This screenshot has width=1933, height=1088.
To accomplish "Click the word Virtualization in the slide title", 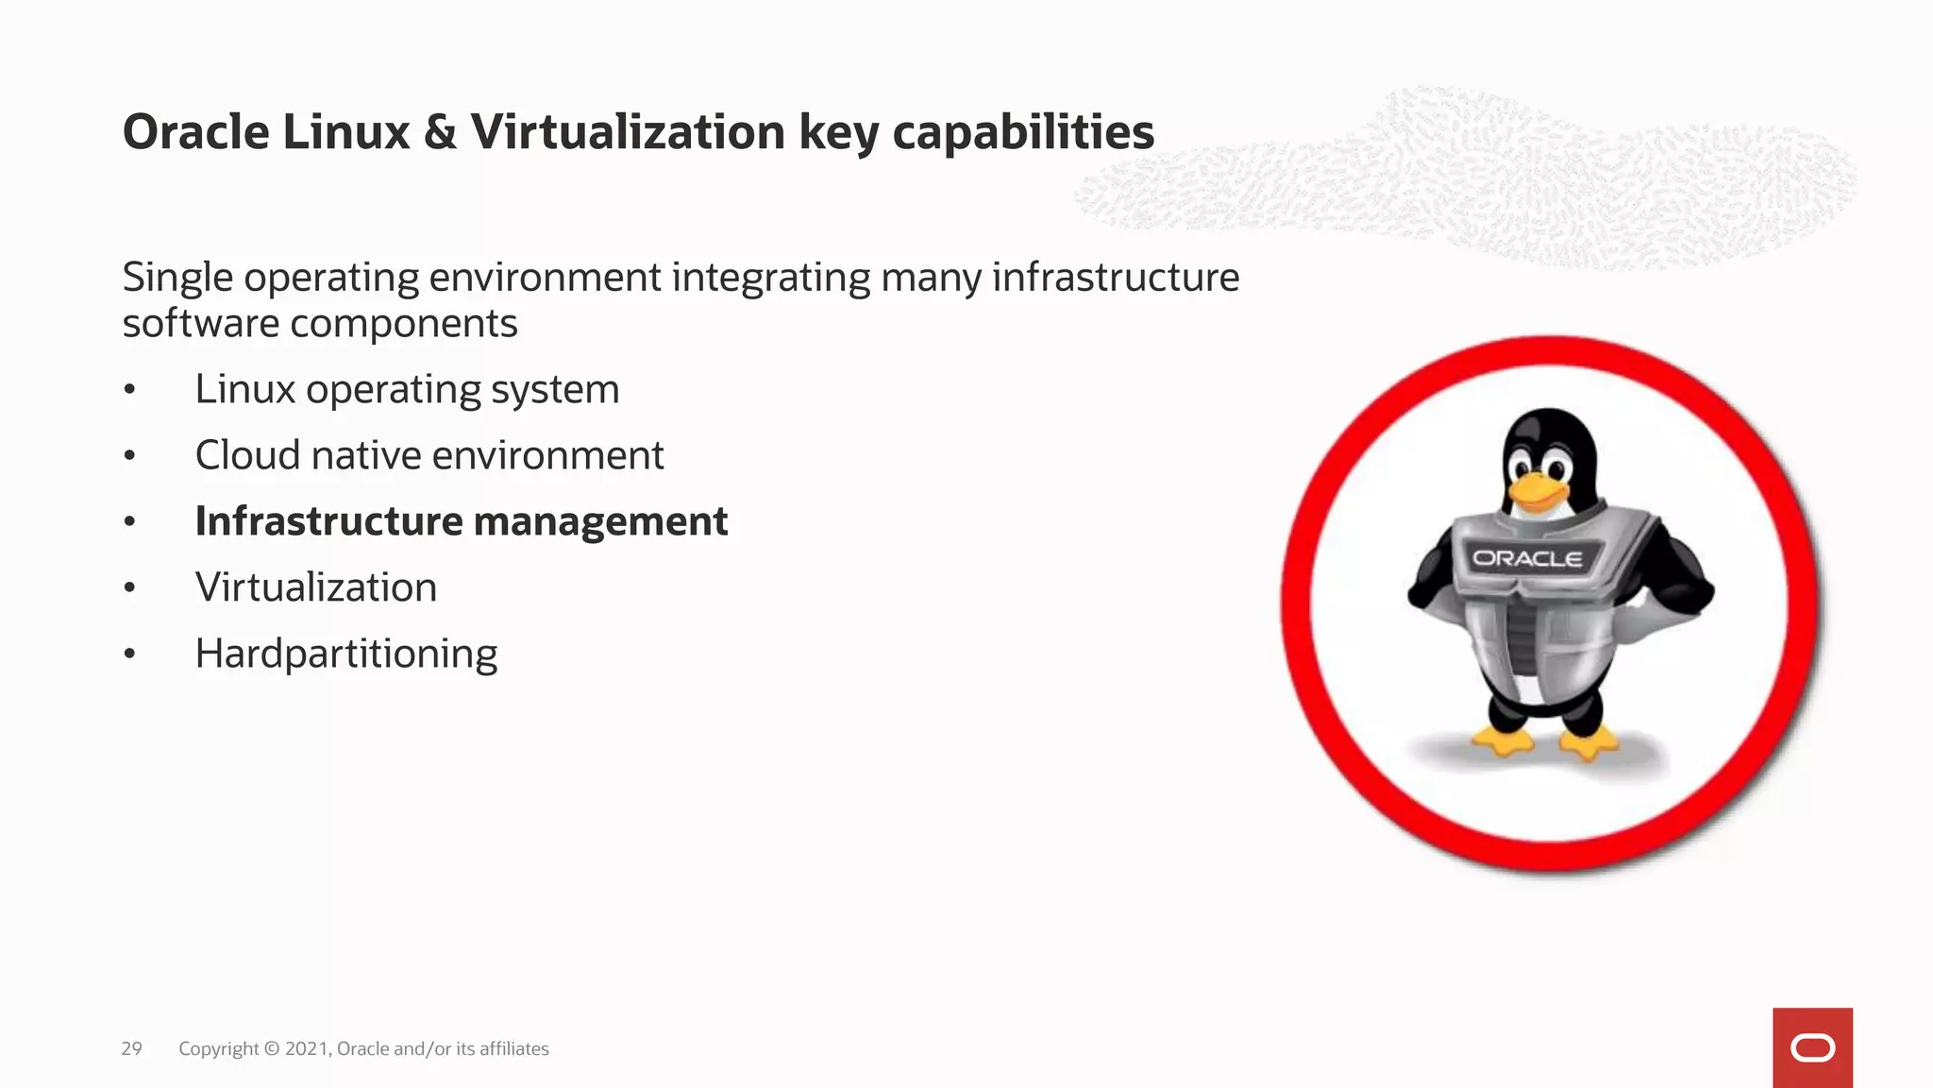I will click(628, 132).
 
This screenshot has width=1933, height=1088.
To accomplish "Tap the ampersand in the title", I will click(440, 132).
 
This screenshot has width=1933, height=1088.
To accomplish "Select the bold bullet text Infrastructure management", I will click(461, 521).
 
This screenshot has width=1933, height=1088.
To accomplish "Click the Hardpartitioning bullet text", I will click(345, 654).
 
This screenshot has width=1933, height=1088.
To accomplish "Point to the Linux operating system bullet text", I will click(407, 389).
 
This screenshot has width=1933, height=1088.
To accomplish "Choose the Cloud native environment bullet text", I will click(429, 455).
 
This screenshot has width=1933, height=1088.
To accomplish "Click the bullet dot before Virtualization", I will click(130, 588).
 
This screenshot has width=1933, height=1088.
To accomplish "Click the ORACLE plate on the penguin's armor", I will click(1527, 558).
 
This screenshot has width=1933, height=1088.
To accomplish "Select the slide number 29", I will click(131, 1048).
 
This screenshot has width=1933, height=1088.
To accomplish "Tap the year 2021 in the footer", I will click(307, 1048).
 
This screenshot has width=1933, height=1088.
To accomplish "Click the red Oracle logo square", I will click(1812, 1047).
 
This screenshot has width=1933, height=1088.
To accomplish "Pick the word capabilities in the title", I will click(1023, 132).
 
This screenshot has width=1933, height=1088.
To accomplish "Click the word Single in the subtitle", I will click(177, 278).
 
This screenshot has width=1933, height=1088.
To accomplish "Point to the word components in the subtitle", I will click(403, 324).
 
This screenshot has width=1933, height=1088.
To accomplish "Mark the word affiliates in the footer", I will click(513, 1048).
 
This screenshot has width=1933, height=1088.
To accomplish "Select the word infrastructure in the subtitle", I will click(1116, 278).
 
